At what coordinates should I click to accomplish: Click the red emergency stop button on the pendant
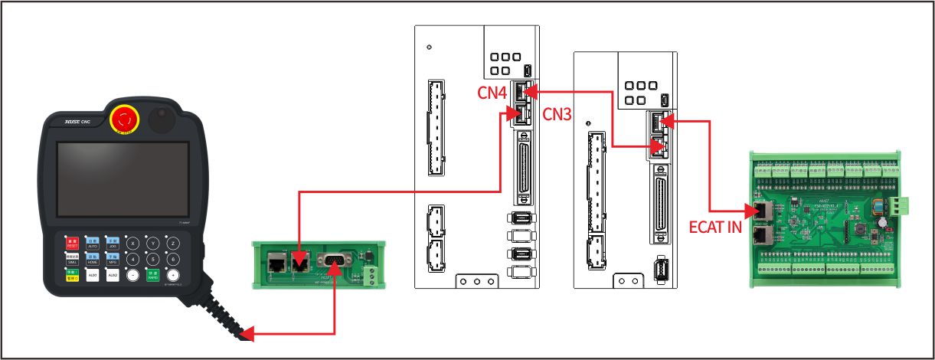124,119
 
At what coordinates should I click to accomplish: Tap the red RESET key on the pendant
73,244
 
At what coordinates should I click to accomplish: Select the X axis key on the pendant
133,244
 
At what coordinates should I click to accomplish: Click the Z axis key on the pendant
174,244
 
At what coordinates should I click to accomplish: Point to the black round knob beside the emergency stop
162,119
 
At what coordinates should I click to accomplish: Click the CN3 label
557,114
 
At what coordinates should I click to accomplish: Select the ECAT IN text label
716,227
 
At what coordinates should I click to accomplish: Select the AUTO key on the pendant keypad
93,244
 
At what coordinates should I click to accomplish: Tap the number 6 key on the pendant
174,259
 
